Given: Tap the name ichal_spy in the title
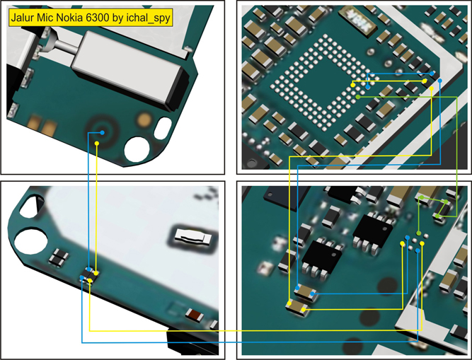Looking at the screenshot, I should click(x=149, y=19).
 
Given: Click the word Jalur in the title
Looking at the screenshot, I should click(x=25, y=19).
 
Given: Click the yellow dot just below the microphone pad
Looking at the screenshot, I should click(x=97, y=144).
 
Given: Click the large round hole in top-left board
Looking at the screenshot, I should click(x=137, y=149).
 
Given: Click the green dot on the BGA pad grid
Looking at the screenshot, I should click(x=358, y=95).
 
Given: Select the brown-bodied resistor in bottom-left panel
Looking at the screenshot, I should click(x=191, y=314).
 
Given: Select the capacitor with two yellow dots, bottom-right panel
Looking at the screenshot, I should click(x=296, y=306).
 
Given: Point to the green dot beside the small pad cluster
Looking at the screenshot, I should click(x=420, y=233).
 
